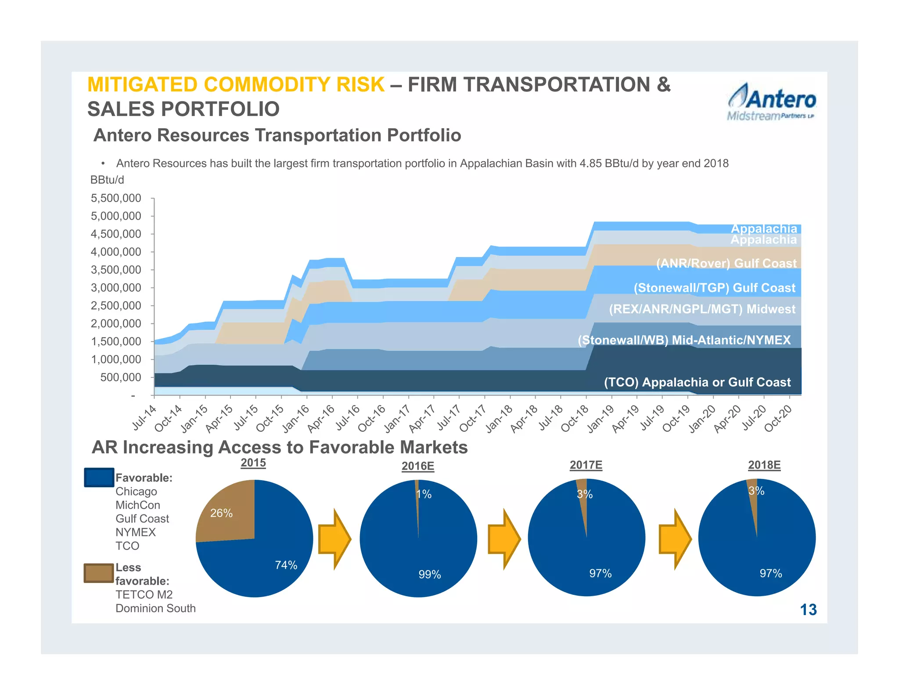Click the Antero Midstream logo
[772, 102]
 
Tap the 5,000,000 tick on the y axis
[116, 216]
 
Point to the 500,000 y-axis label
[120, 377]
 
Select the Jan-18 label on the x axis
[500, 419]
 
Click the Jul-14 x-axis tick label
[144, 418]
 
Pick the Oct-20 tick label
[778, 419]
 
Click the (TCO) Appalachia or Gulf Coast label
[697, 382]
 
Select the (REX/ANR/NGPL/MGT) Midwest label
[702, 309]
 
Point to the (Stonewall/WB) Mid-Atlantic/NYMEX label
[684, 340]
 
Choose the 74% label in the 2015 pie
[286, 565]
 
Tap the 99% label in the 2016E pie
[430, 574]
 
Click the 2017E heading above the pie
[586, 465]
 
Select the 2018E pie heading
[764, 465]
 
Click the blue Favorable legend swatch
[99, 478]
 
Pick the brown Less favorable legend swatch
[99, 573]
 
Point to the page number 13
[808, 610]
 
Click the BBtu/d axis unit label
[107, 180]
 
